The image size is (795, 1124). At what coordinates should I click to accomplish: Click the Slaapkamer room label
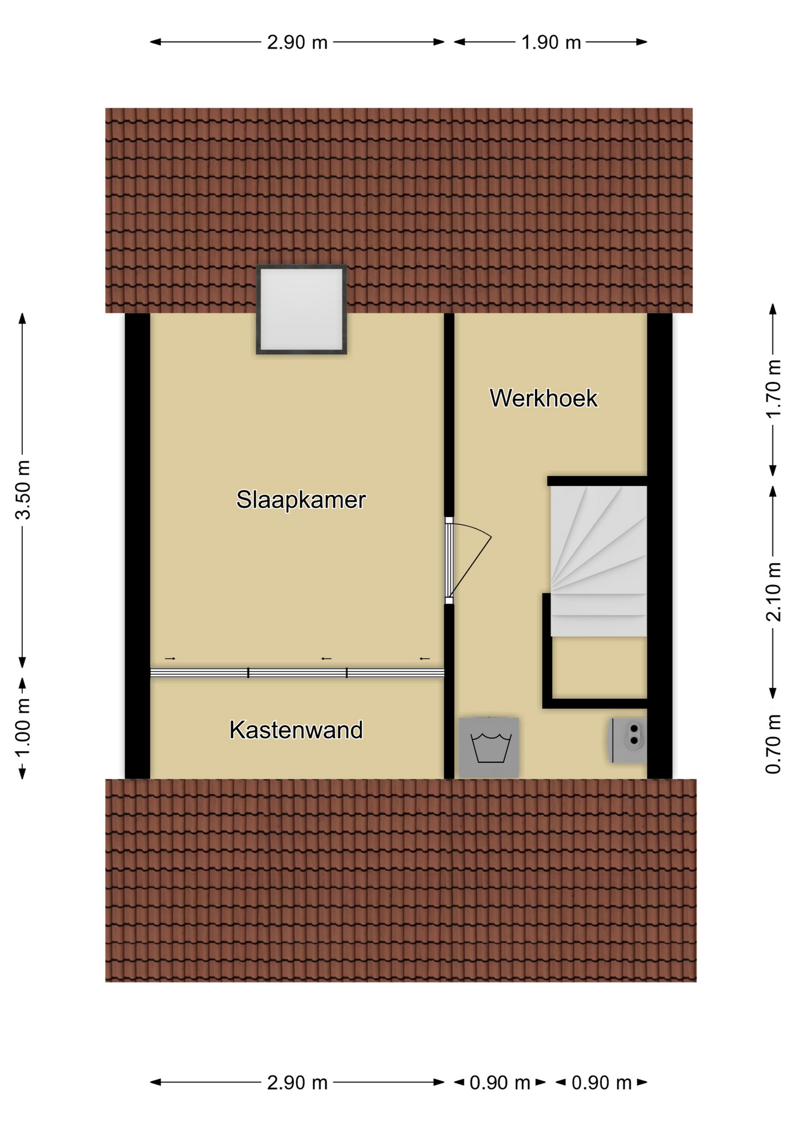[x=301, y=500]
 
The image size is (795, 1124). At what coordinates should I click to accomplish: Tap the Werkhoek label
[x=543, y=399]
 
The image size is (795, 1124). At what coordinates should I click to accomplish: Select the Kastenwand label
[x=296, y=730]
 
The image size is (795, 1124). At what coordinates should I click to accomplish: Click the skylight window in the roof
[x=301, y=310]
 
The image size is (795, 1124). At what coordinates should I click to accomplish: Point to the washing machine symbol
[x=489, y=748]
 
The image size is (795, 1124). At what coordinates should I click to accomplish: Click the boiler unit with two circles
[x=628, y=741]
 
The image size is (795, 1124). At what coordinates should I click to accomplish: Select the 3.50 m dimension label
[x=23, y=490]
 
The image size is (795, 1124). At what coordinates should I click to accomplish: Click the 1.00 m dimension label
[x=22, y=728]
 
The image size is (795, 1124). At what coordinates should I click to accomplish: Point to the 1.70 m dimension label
[x=773, y=389]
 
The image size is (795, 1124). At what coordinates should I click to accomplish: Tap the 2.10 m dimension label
[x=773, y=591]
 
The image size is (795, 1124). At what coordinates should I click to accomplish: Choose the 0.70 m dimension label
[x=773, y=744]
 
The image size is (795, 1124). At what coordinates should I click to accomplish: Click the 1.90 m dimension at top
[x=551, y=43]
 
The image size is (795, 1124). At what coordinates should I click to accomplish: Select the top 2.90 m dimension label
[x=297, y=43]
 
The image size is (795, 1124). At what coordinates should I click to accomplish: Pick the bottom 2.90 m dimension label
[x=297, y=1083]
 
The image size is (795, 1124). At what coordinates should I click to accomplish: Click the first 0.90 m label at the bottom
[x=500, y=1083]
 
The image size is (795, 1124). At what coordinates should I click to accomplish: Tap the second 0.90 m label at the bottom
[x=602, y=1083]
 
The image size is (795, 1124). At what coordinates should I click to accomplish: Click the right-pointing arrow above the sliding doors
[x=170, y=659]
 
